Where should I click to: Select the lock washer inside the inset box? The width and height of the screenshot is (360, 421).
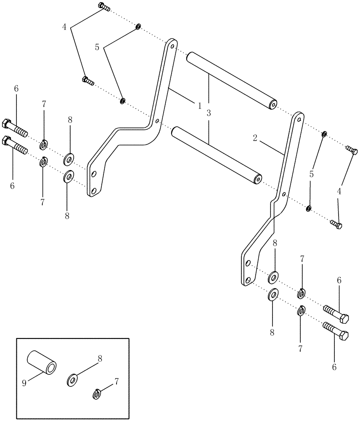pos(97,394)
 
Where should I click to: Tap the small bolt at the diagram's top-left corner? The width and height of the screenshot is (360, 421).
pos(103,7)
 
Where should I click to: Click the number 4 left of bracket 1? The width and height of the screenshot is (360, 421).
pos(64,27)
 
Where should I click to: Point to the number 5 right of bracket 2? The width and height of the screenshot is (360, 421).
pos(311,174)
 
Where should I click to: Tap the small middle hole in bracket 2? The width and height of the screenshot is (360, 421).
pos(284,195)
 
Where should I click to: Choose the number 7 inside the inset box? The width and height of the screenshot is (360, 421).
pos(117,381)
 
